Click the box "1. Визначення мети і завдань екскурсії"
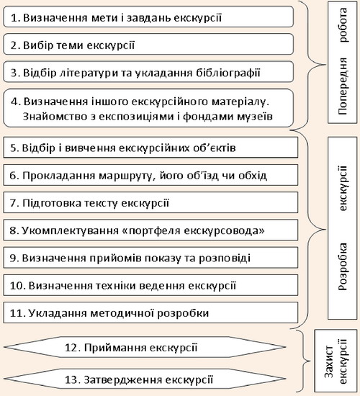(148, 17)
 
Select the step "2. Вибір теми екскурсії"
(148, 44)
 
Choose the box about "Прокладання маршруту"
(150, 175)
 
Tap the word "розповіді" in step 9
(225, 258)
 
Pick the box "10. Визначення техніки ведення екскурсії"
(150, 285)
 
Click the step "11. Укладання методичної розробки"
(150, 312)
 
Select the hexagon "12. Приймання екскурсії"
(145, 347)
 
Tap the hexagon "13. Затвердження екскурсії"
(145, 379)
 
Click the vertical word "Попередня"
(343, 86)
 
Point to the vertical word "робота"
(343, 24)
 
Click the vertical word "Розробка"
(343, 266)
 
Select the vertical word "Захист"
(329, 361)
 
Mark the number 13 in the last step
(71, 379)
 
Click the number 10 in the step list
(16, 285)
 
